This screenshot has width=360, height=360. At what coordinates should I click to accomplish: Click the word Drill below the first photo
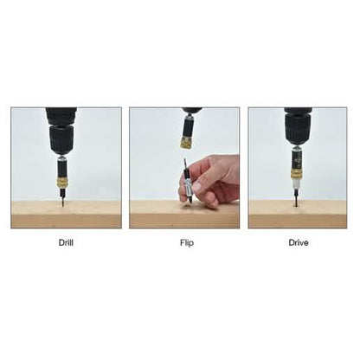coord(66,242)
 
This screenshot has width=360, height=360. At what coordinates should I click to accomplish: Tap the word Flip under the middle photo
coord(187,243)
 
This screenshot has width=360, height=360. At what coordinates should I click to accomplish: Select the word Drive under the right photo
coord(299,242)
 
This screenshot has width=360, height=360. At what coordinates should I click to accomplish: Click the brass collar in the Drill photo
coord(61,183)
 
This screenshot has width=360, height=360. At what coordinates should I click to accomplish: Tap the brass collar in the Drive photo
coord(297,175)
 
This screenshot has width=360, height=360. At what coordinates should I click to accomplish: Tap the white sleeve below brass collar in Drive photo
coord(296,184)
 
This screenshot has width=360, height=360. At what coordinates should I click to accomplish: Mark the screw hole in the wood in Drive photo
coord(296,206)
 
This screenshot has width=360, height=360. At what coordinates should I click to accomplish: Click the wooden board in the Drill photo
coord(66,215)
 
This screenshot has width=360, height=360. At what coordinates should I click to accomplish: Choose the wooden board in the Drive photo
coord(298,214)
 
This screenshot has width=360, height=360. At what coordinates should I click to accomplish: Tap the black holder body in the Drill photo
coord(61,170)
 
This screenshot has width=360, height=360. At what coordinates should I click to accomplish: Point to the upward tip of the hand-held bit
coord(184,158)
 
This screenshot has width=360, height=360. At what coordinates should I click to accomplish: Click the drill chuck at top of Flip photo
coord(191,112)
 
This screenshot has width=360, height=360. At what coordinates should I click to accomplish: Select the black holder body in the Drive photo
coord(297,161)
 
